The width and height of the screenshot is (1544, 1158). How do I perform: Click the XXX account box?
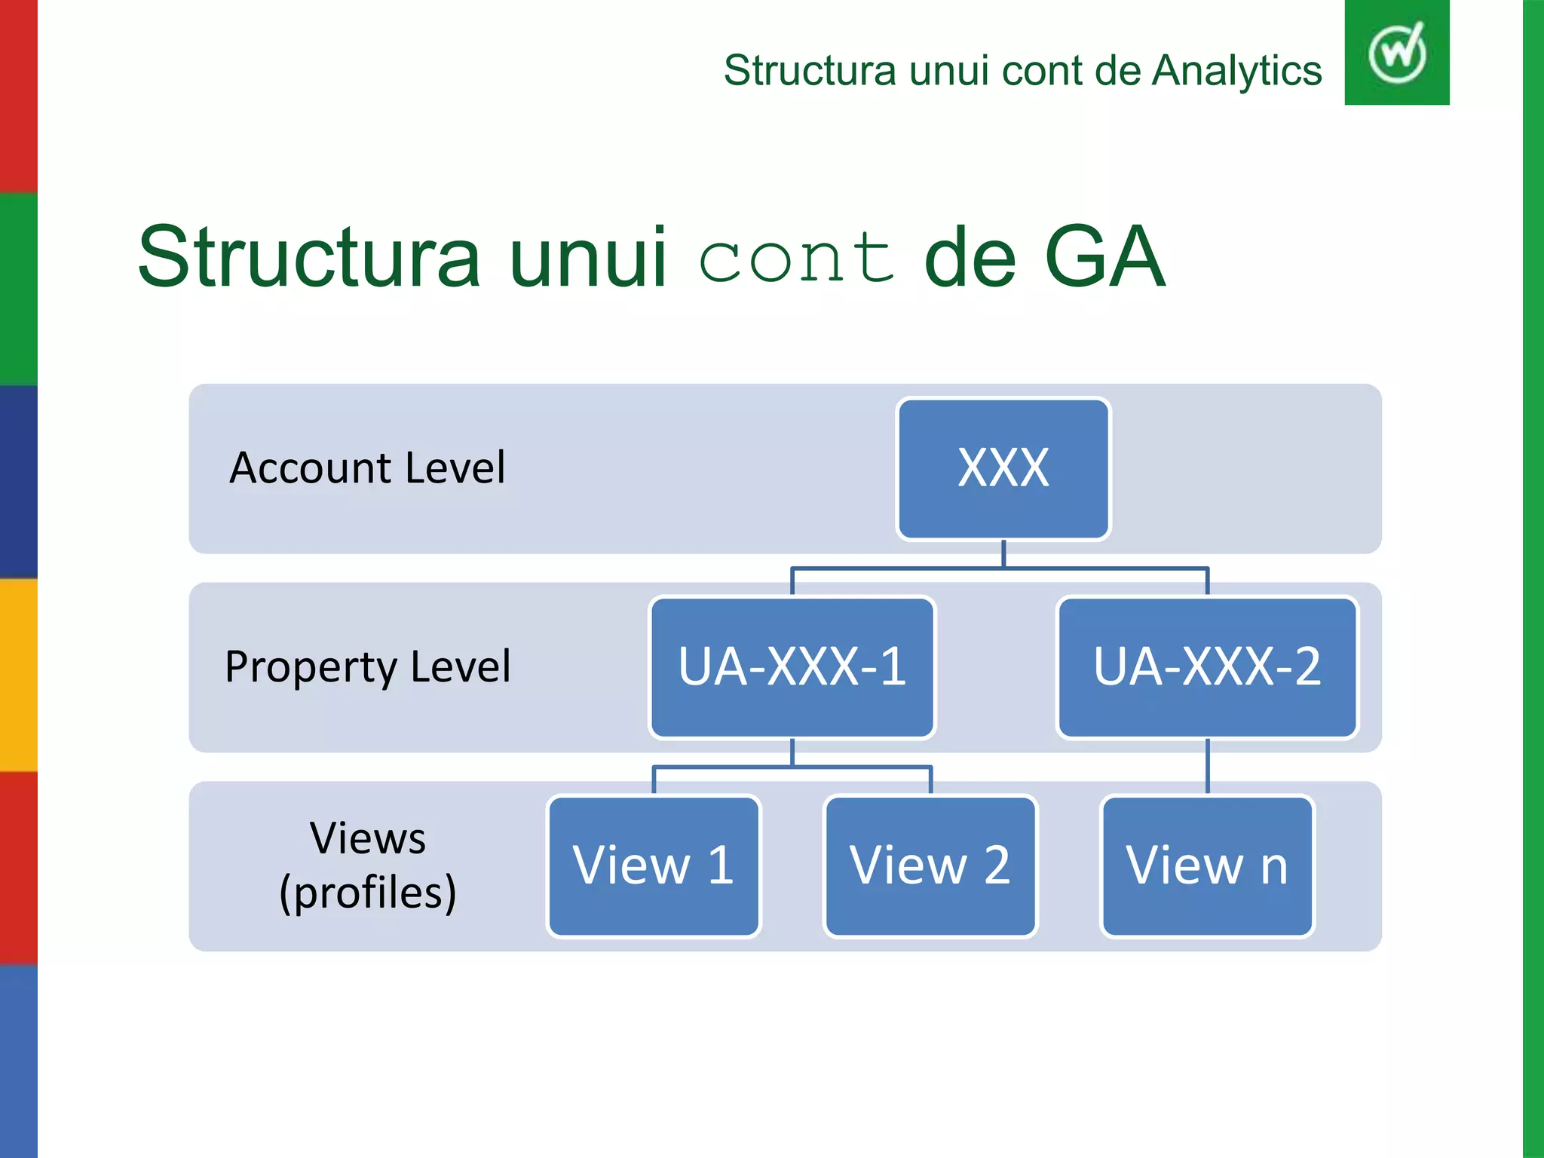(1003, 468)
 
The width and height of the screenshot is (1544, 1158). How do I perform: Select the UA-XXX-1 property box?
(792, 667)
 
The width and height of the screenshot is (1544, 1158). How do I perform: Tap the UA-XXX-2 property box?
(1207, 667)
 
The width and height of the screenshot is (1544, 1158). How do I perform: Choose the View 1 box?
(654, 865)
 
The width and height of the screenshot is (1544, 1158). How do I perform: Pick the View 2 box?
(930, 865)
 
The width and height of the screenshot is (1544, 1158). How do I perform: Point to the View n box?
(1207, 865)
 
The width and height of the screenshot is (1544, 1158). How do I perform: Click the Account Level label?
(367, 468)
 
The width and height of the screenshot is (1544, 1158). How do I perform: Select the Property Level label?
(368, 667)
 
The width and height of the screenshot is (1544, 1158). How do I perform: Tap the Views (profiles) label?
(368, 865)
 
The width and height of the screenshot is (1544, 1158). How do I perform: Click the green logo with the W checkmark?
(1396, 53)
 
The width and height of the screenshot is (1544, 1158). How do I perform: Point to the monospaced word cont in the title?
(796, 258)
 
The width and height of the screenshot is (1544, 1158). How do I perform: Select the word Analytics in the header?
(1236, 71)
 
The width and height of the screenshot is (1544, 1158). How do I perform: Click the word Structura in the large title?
(309, 258)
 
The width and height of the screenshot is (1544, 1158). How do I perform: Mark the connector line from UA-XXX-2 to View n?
(1208, 766)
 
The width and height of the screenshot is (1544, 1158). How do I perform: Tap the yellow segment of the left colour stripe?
(18, 675)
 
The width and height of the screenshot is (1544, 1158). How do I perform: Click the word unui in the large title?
(588, 258)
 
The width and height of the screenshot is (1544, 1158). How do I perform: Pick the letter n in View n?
(1274, 867)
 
